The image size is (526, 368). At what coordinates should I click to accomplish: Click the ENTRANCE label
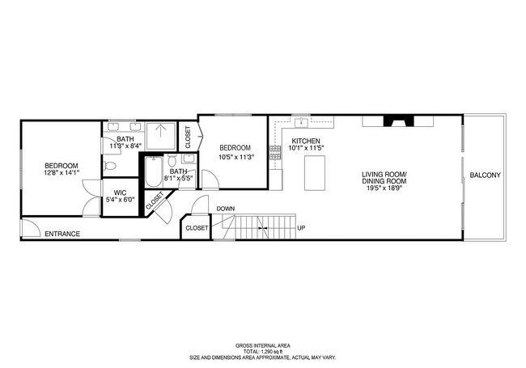[62, 235]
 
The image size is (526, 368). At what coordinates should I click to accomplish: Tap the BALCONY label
[485, 176]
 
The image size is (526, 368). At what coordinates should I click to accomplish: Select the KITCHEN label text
[306, 141]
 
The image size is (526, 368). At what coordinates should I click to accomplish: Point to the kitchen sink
[302, 122]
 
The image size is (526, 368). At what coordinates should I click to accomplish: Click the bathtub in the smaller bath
[154, 171]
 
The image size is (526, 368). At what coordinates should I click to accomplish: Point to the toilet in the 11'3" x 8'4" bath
[111, 166]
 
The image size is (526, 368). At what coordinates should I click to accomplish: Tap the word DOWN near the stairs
[226, 209]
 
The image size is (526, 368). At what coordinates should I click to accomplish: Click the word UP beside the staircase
[302, 227]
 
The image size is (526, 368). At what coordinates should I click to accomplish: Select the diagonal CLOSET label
[155, 202]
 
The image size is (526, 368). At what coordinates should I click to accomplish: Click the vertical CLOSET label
[188, 137]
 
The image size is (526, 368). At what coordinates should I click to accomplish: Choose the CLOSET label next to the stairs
[197, 228]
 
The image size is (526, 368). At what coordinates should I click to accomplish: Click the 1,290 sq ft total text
[263, 350]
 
